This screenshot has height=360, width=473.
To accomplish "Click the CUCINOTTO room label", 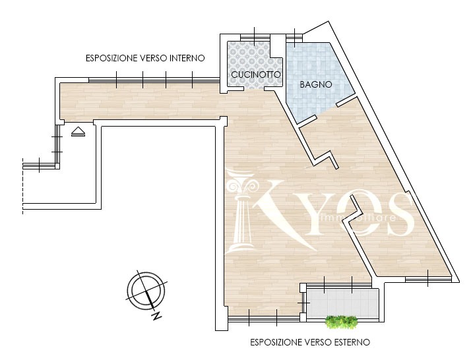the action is point(256,75).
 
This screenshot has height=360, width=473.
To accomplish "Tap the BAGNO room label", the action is point(316,84).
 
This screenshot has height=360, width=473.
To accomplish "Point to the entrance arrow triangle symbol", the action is point(78,132).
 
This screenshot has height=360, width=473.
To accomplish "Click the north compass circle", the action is point(146,289).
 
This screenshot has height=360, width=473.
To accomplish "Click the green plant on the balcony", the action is point(342,321).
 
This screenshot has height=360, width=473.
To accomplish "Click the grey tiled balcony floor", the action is point(342,303).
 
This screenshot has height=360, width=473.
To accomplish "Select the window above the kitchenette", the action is point(255,37).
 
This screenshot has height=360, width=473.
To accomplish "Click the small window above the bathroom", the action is point(294,37).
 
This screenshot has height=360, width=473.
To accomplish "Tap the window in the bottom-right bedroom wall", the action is point(428,279).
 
